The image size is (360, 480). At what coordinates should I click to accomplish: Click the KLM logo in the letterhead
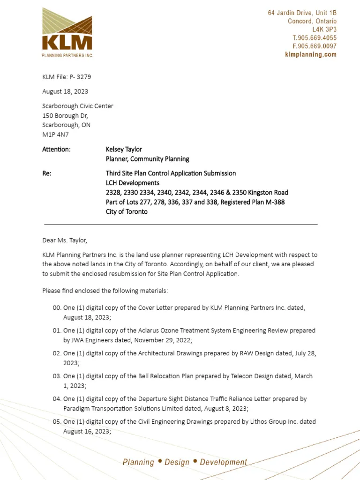67,33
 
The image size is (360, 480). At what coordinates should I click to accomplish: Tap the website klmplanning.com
311,54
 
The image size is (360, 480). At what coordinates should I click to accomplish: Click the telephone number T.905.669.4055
314,37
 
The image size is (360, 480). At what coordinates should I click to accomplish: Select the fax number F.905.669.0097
314,46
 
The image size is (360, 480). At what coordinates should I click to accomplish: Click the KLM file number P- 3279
80,77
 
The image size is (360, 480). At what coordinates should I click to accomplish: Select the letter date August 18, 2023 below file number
65,91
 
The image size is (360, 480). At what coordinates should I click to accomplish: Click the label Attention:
56,149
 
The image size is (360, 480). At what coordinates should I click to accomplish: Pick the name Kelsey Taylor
124,149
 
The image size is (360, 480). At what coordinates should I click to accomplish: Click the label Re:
47,173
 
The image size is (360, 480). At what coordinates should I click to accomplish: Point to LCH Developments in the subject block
133,183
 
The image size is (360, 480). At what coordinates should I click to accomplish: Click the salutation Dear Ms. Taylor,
65,240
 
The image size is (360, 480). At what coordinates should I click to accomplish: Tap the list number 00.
57,307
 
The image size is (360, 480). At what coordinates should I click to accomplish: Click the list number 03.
57,376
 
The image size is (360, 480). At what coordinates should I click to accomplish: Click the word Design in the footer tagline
177,462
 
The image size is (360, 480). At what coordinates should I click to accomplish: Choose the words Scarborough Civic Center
78,106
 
